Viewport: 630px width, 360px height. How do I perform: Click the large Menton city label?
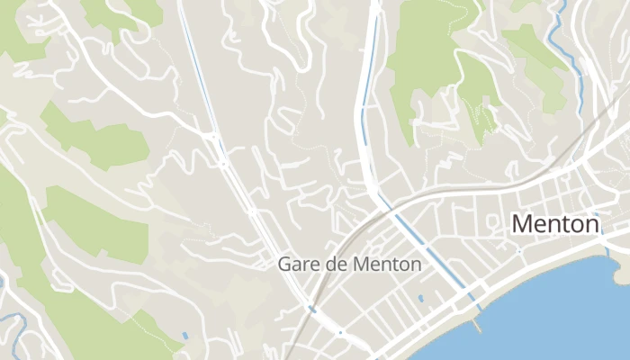pyautogui.click(x=554, y=223)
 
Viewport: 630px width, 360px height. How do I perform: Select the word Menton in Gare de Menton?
pyautogui.click(x=387, y=265)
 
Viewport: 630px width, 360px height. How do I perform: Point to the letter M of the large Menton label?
pyautogui.click(x=521, y=223)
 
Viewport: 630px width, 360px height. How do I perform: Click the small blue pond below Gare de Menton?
pyautogui.click(x=420, y=297)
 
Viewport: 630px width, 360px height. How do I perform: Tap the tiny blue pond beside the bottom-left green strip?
pyautogui.click(x=184, y=336)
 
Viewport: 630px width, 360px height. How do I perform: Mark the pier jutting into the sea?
pyautogui.click(x=476, y=325)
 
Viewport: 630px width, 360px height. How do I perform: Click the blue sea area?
pyautogui.click(x=558, y=315)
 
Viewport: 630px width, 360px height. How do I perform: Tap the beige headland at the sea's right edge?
pyautogui.click(x=621, y=261)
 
